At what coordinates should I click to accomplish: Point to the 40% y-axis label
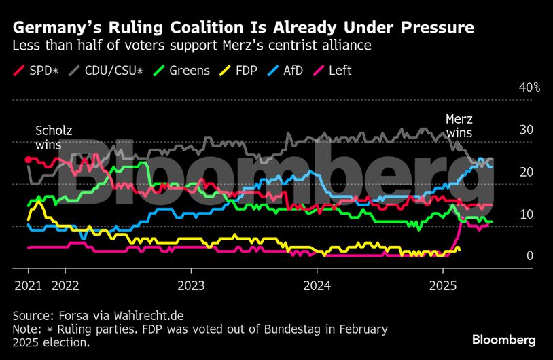(529, 88)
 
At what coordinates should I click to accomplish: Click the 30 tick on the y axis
(526, 130)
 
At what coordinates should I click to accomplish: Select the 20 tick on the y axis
(526, 173)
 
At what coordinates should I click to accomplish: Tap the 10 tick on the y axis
(526, 215)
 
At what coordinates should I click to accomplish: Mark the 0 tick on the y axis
(530, 256)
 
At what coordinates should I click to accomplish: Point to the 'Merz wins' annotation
(459, 126)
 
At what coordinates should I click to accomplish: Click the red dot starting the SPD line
(28, 160)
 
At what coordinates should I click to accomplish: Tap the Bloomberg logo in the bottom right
(503, 339)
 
